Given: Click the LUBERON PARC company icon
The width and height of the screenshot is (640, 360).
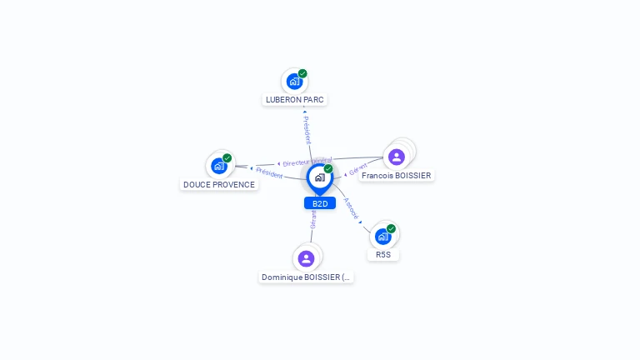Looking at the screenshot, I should pos(294,82).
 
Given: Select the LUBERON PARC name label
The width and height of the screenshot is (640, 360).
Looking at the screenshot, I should pos(294,100).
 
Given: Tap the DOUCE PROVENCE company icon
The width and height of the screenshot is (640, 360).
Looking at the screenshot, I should pos(219,166).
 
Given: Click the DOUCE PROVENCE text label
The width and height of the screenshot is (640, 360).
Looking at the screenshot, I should pos(219,185).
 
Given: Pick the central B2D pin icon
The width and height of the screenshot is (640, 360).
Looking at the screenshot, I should pos(319,177).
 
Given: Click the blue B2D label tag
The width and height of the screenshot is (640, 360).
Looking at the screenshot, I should pos(320,203).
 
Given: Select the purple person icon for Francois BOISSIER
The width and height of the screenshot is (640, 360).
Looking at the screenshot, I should pos(397,157).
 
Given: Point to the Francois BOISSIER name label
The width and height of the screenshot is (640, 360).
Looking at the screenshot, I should pos(397,176).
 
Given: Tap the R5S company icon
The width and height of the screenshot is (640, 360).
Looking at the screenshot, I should pos(383,237).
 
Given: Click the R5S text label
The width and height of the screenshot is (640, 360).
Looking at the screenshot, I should pos(383,255).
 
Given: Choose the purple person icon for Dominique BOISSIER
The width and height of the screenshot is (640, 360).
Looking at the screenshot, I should pos(306,258).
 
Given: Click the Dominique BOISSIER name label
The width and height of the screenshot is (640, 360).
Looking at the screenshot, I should pos(307,277).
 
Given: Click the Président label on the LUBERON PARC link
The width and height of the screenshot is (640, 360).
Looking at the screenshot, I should pos(307,130).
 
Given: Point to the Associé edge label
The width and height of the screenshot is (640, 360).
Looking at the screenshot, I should pos(352,208).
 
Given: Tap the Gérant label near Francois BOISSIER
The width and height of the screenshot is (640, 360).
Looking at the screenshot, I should pos(357,170).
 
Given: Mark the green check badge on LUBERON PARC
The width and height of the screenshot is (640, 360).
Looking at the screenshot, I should pos(302,73).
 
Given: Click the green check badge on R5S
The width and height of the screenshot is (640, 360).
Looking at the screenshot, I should pos(391,228).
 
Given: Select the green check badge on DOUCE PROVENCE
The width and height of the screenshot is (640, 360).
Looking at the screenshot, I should pos(227,158).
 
